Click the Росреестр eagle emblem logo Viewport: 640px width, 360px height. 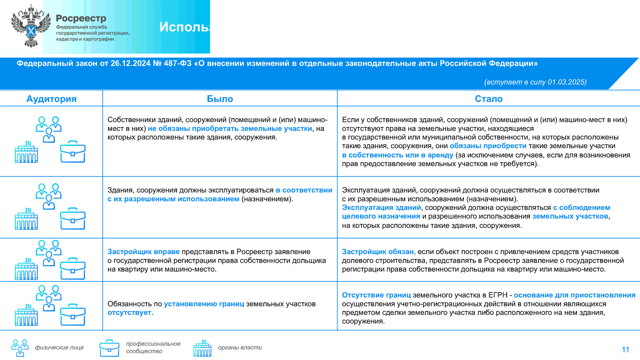pyautogui.click(x=31, y=27)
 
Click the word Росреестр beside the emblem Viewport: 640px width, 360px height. pyautogui.click(x=81, y=18)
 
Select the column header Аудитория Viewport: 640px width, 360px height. pyautogui.click(x=52, y=99)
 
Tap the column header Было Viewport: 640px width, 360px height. pyautogui.click(x=220, y=99)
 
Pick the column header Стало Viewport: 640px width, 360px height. pyautogui.click(x=489, y=99)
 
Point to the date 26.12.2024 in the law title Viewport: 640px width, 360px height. pyautogui.click(x=130, y=63)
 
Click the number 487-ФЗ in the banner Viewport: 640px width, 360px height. pyautogui.click(x=177, y=63)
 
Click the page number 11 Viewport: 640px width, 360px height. pyautogui.click(x=625, y=349)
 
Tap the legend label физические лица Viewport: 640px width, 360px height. pyautogui.click(x=59, y=347)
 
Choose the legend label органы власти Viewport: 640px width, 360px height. pyautogui.click(x=240, y=347)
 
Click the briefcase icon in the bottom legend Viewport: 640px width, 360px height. pyautogui.click(x=109, y=348)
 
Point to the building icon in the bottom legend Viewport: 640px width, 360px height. pyautogui.click(x=202, y=348)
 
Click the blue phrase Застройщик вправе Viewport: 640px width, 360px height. pyautogui.click(x=144, y=252)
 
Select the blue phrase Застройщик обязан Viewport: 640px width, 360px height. pyautogui.click(x=379, y=252)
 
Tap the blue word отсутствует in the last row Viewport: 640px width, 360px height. pyautogui.click(x=130, y=313)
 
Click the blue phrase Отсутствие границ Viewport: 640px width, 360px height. pyautogui.click(x=376, y=295)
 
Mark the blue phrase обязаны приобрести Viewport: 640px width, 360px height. pyautogui.click(x=488, y=146)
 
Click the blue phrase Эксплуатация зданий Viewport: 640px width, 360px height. pyautogui.click(x=381, y=207)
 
